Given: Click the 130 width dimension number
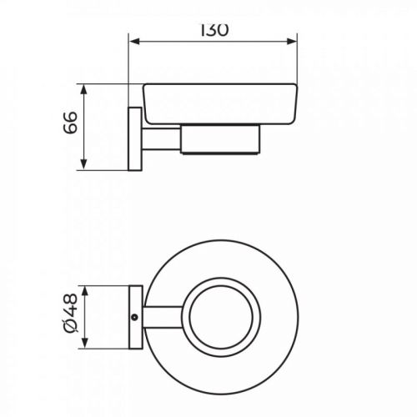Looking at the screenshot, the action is tap(214, 31).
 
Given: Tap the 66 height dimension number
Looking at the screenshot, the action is tap(70, 123).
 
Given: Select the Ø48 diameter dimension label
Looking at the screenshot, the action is tap(70, 313).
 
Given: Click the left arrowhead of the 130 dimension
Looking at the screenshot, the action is tap(134, 42).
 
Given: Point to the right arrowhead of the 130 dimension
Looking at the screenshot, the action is tap(291, 42).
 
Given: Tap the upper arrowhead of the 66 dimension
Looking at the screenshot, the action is tap(84, 90).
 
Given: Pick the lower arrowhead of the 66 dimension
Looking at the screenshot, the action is tap(84, 164).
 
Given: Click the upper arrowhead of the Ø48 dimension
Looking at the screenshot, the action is tap(85, 291).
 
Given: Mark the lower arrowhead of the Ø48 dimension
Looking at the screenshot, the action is tap(85, 343).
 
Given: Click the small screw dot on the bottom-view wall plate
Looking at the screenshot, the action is tap(135, 317).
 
